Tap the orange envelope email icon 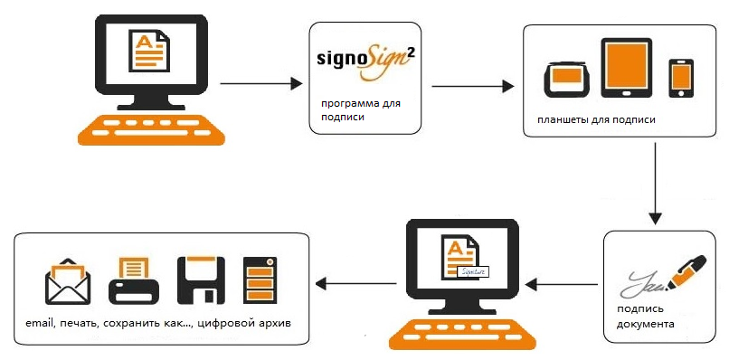tap(68, 281)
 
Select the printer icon tap(134, 280)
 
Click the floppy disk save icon tap(201, 280)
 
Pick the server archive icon tap(260, 279)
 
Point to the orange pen tap(687, 271)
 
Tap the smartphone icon tap(681, 78)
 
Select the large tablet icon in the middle tap(626, 68)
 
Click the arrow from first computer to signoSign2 tap(261, 84)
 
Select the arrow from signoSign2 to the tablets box tap(473, 87)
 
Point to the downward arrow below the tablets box tap(655, 184)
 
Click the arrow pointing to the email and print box tap(356, 283)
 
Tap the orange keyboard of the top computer tap(152, 129)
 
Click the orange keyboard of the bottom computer tap(462, 334)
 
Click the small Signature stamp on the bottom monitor tap(474, 271)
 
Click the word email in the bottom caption tap(40, 323)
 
